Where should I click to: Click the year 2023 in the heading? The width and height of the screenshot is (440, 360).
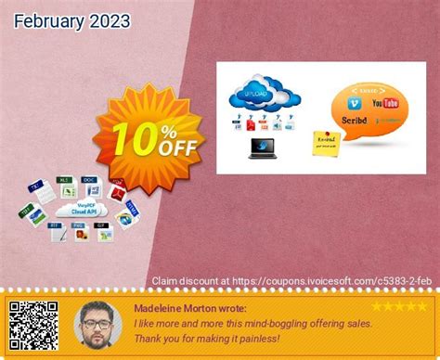tap(106, 19)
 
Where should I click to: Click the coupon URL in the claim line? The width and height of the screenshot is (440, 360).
tap(344, 279)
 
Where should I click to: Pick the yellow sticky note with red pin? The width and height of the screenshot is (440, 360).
tap(329, 144)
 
